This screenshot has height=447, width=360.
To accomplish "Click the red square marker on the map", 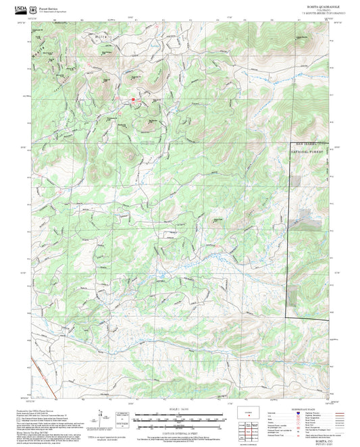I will [x=133, y=100].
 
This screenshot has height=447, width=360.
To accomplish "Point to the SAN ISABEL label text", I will [x=308, y=144].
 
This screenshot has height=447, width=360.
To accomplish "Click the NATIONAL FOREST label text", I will [x=308, y=153].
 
